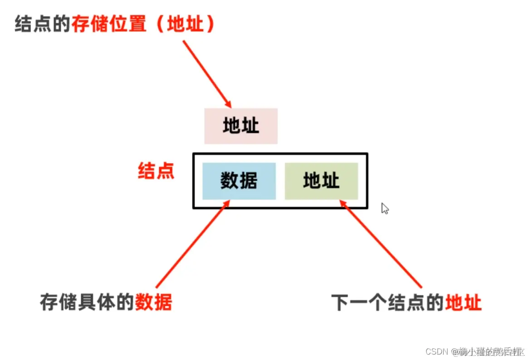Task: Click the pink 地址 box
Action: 241,126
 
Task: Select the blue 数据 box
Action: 239,181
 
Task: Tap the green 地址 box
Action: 321,181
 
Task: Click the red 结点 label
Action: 156,172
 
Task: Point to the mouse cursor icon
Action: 385,208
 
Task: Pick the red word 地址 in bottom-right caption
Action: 463,302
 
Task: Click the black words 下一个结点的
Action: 387,302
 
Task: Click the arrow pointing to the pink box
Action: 206,73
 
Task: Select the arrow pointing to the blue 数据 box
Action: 191,247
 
